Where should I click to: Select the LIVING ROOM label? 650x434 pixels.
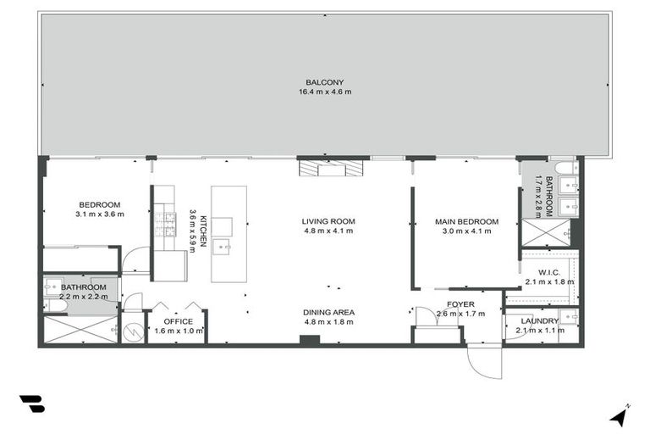click(x=328, y=222)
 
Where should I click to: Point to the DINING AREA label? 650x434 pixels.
click(x=328, y=312)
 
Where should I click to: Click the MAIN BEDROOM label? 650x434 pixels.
click(x=466, y=222)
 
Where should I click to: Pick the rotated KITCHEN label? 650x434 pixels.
click(x=203, y=231)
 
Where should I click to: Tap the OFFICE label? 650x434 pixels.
click(x=179, y=322)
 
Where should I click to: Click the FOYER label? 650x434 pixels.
click(x=460, y=303)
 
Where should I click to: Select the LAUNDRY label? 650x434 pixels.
click(x=539, y=321)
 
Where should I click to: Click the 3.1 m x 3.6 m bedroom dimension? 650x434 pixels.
click(x=100, y=214)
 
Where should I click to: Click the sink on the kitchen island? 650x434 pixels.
click(x=223, y=247)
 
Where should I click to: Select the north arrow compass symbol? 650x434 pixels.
click(x=620, y=415)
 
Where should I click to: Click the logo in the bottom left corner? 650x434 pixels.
click(x=31, y=404)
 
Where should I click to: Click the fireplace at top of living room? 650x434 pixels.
click(x=333, y=169)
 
